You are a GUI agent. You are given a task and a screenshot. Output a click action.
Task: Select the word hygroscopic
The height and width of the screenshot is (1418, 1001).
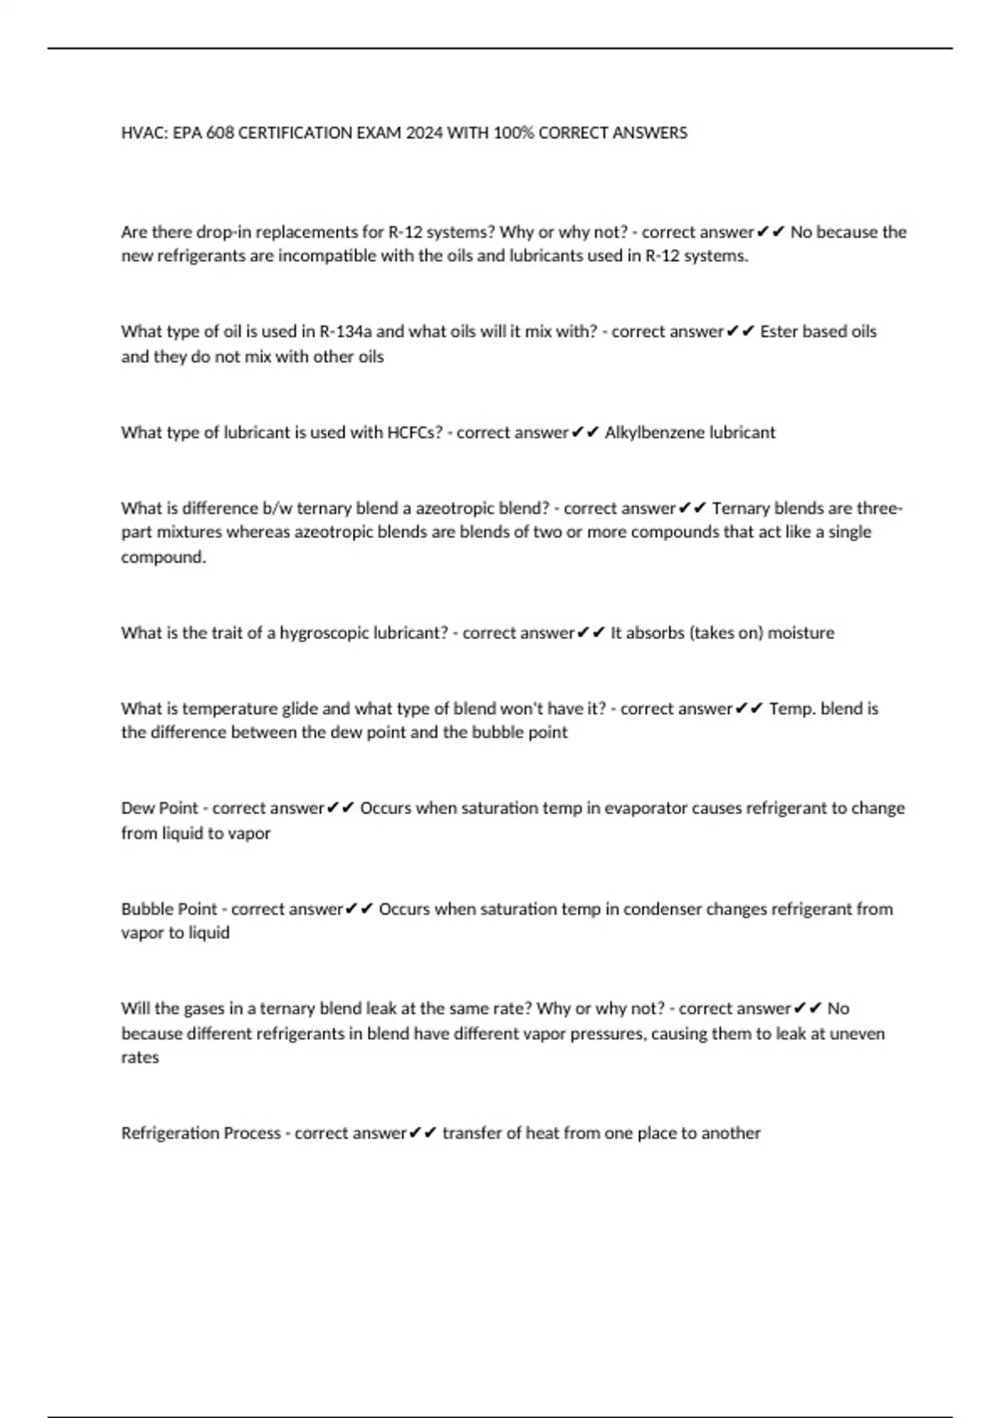tap(324, 633)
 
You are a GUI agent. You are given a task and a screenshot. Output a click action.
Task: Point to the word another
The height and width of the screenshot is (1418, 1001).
tap(730, 1133)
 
